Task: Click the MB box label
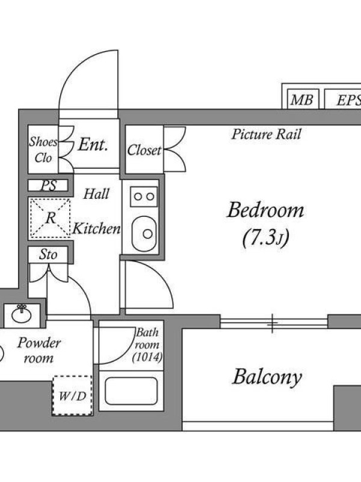pyautogui.click(x=301, y=100)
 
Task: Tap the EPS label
pyautogui.click(x=347, y=100)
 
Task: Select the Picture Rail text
pyautogui.click(x=266, y=134)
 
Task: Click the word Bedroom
pyautogui.click(x=265, y=211)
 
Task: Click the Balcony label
pyautogui.click(x=267, y=378)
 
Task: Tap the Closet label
pyautogui.click(x=144, y=150)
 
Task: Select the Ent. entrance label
pyautogui.click(x=93, y=145)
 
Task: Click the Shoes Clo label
pyautogui.click(x=43, y=151)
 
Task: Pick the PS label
pyautogui.click(x=49, y=186)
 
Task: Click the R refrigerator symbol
pyautogui.click(x=49, y=218)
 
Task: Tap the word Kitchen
pyautogui.click(x=96, y=229)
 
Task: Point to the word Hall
pyautogui.click(x=96, y=194)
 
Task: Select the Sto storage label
pyautogui.click(x=48, y=255)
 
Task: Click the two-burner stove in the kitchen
pyautogui.click(x=144, y=196)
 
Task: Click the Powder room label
pyautogui.click(x=39, y=351)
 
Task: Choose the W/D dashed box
pyautogui.click(x=72, y=396)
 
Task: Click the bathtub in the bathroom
pyautogui.click(x=131, y=390)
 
